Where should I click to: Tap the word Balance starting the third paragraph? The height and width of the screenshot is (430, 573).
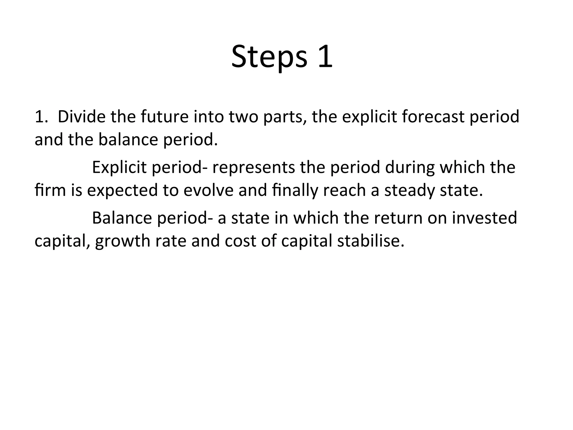point(121,218)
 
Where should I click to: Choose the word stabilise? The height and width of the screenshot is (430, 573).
point(371,241)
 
